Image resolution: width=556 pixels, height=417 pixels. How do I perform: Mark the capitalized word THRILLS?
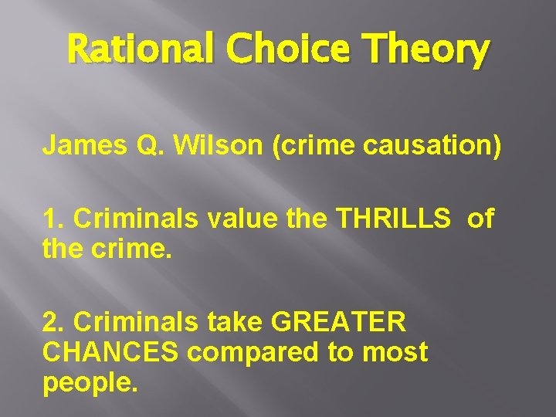(x=394, y=219)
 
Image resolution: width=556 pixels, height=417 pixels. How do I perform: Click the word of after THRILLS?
(x=480, y=219)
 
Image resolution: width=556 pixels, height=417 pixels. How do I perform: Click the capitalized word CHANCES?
(x=111, y=352)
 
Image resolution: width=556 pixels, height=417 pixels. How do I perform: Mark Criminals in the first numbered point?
(x=128, y=219)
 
